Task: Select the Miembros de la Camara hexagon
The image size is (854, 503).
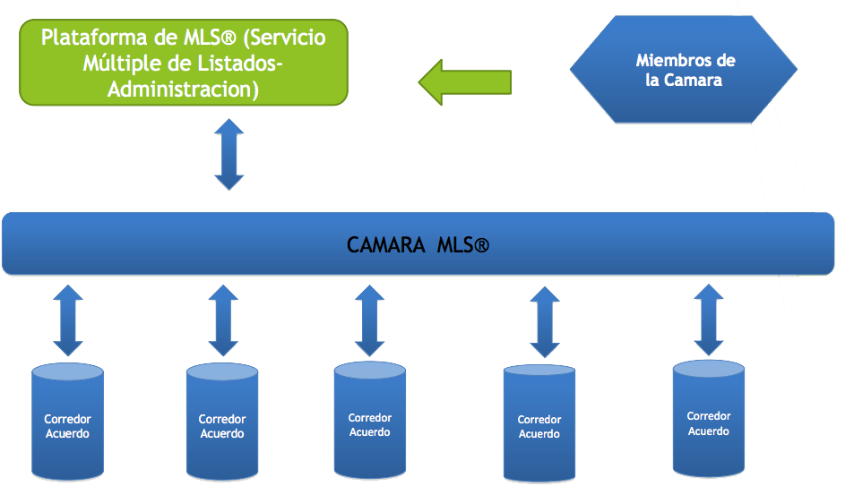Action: (685, 71)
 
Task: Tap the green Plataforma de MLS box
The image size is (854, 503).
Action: (184, 64)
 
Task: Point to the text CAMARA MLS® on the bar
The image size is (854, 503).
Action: (418, 245)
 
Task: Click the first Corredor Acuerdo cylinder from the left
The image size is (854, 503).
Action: (67, 422)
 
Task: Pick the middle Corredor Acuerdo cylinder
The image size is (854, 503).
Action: (369, 422)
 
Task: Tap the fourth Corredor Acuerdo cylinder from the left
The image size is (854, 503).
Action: (539, 424)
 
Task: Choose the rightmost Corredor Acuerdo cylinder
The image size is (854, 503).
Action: (708, 421)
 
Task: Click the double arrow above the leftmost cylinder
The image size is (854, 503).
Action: (67, 321)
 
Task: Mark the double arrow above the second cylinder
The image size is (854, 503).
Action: (222, 321)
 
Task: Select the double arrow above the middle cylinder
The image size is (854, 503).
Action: (369, 321)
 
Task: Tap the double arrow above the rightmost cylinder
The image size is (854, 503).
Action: (709, 320)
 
